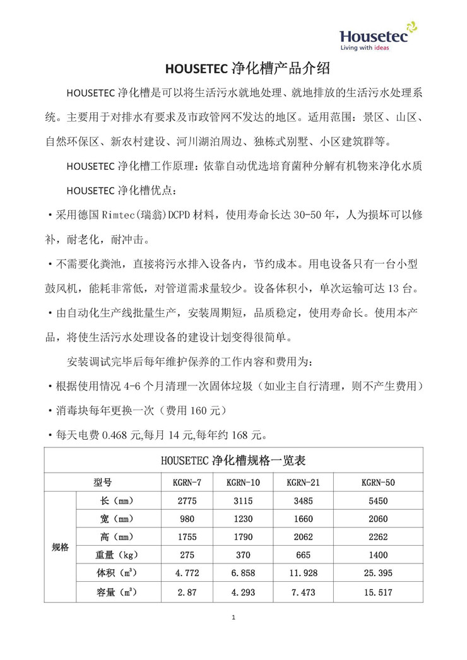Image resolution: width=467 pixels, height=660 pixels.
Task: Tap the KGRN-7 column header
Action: point(187,482)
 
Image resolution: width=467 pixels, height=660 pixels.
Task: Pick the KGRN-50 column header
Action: point(378,482)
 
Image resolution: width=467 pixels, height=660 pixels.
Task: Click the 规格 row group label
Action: point(60,547)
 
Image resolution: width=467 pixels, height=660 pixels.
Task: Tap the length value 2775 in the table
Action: point(187,501)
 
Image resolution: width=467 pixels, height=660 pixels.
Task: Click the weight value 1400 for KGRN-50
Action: point(378,556)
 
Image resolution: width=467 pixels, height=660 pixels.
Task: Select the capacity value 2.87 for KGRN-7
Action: point(187,592)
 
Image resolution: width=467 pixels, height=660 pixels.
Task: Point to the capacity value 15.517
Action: point(378,592)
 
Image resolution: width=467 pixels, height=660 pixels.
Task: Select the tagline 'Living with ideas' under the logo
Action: point(364,47)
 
